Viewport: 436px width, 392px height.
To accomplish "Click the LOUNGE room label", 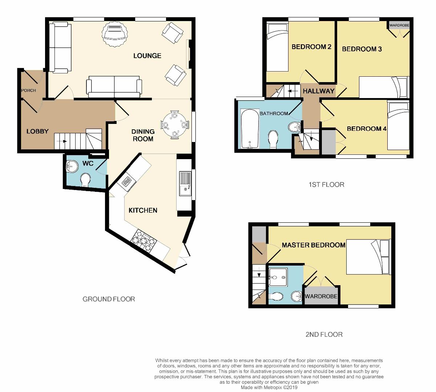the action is coord(147,56).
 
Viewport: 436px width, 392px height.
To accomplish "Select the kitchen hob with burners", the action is coord(144,241).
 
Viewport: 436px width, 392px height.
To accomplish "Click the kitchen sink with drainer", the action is coord(185,183).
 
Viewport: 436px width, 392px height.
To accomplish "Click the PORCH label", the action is coord(28,90).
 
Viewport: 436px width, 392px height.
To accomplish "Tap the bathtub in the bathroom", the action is coord(250,129).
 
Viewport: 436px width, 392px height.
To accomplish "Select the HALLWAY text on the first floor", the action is coord(319,91).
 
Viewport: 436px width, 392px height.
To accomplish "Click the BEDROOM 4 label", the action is coord(367,129).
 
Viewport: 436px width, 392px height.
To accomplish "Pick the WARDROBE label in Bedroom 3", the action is coord(399,25).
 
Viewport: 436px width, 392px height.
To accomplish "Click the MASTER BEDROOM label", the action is coord(314,245).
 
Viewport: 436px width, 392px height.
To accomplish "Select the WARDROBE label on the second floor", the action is coord(321,296).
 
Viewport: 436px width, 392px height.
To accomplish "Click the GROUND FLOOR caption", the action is coord(109,299).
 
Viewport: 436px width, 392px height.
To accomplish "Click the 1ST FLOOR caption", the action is coord(327,185).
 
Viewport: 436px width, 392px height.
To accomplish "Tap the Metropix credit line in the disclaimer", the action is coord(269,387).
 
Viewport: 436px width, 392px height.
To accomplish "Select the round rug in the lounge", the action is coord(114,34).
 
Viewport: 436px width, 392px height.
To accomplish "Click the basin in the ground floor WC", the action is coord(72,167).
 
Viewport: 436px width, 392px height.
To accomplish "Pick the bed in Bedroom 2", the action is coord(277,47).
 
